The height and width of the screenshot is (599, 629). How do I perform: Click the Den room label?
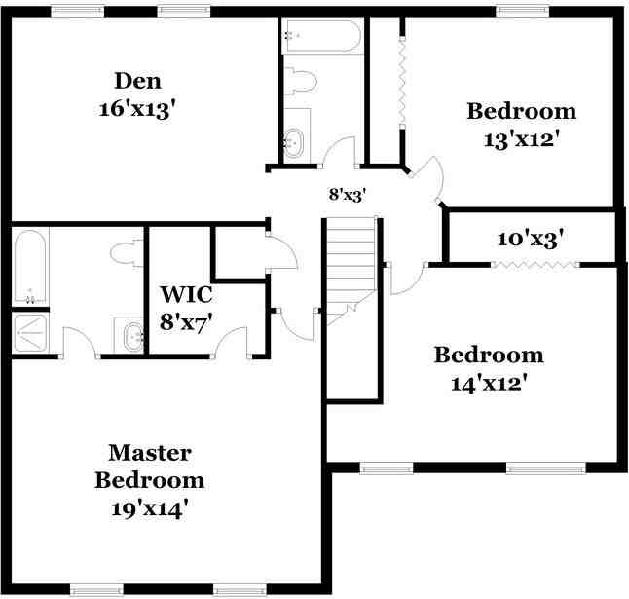click(137, 80)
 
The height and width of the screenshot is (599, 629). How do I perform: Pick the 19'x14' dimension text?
click(149, 507)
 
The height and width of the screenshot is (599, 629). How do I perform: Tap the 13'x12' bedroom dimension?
click(520, 138)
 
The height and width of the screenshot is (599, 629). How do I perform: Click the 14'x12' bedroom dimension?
click(489, 383)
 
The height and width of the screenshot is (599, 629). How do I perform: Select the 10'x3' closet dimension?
click(531, 238)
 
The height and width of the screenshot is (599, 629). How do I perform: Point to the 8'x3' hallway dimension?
click(346, 194)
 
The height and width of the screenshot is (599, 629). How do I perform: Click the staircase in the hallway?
click(351, 263)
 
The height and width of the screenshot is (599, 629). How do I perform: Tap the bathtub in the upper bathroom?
click(321, 37)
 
